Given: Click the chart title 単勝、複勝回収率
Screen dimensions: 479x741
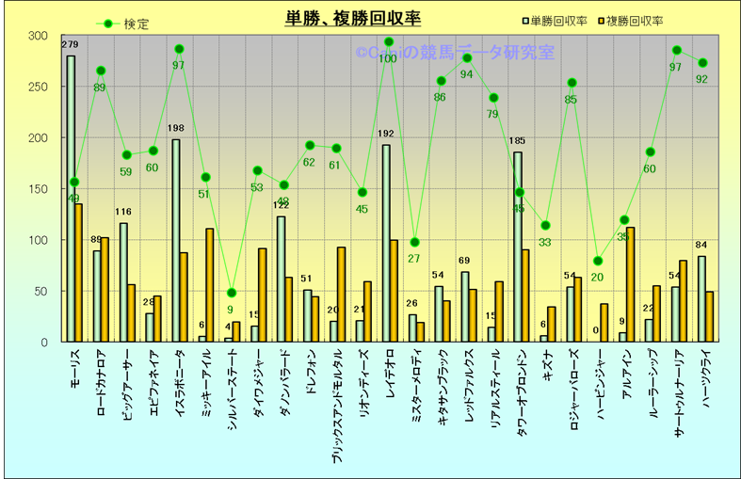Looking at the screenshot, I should pyautogui.click(x=353, y=19).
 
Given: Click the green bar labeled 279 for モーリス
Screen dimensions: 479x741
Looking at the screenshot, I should pyautogui.click(x=71, y=198).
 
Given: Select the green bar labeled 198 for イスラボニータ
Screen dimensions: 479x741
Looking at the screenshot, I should pyautogui.click(x=176, y=240).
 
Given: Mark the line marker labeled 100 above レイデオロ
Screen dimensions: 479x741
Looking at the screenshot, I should pyautogui.click(x=388, y=42).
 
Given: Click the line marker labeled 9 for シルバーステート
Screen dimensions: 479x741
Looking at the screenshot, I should pyautogui.click(x=232, y=293).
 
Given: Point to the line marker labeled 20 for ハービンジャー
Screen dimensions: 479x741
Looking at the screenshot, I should pyautogui.click(x=598, y=261).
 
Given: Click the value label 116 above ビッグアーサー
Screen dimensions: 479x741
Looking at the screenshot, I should pyautogui.click(x=123, y=213).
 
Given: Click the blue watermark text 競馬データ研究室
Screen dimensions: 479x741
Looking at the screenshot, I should pyautogui.click(x=490, y=53).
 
